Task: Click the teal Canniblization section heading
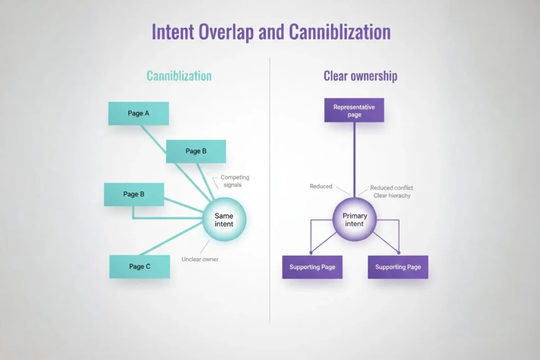[179, 76]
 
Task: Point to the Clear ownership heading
[360, 76]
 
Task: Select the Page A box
[138, 113]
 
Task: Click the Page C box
[140, 266]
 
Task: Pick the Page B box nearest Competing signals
[196, 151]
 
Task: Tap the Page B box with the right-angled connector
[134, 194]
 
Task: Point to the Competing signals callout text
[235, 181]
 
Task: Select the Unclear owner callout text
[200, 259]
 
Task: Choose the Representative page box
[354, 111]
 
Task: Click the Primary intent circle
[354, 220]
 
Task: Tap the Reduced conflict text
[391, 188]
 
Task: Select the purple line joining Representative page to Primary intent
[354, 158]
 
